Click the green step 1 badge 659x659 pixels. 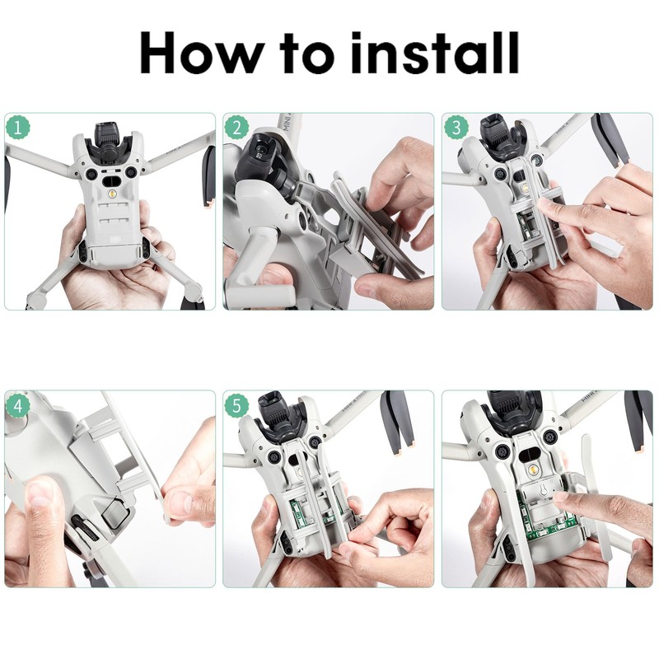click(x=19, y=127)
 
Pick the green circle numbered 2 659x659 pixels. click(x=237, y=127)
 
